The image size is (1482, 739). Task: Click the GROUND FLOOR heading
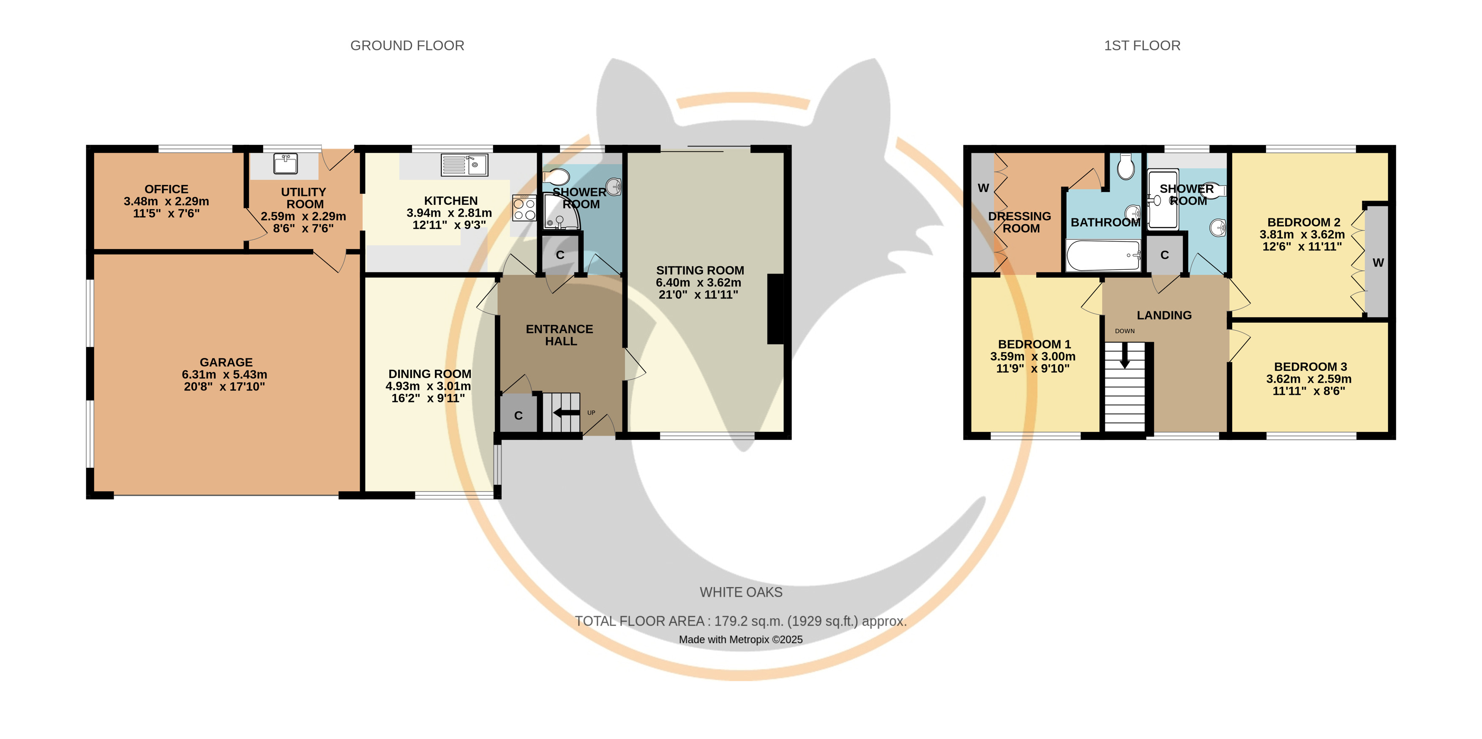click(x=407, y=46)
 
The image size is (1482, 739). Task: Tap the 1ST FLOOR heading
click(x=1142, y=46)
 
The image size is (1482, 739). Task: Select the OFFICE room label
click(x=166, y=189)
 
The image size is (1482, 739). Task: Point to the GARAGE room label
click(x=226, y=362)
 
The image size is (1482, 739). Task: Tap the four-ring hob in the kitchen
click(x=524, y=208)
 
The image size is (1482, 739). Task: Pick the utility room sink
click(x=285, y=163)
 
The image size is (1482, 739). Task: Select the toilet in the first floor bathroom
click(x=1126, y=166)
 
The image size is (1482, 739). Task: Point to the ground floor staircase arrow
click(x=566, y=412)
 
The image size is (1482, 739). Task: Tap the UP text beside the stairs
click(x=591, y=412)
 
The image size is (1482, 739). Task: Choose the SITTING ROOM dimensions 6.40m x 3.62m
click(x=699, y=283)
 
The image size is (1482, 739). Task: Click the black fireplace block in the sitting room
click(x=775, y=310)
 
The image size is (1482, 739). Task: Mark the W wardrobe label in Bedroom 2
click(x=1378, y=263)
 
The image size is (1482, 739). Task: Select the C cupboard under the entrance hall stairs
click(x=519, y=415)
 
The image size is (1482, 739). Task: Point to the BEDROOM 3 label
click(x=1310, y=367)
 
